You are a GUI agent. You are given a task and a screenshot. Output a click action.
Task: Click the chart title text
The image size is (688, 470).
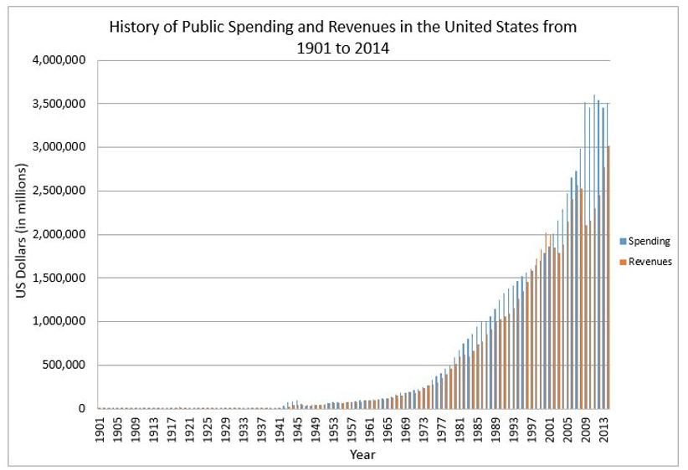[x=343, y=37]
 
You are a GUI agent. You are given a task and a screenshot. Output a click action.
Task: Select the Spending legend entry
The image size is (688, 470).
[x=649, y=241]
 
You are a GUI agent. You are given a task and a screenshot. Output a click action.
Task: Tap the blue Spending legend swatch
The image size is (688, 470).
[x=623, y=241]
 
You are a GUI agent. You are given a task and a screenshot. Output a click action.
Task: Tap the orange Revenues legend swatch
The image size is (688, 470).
[x=623, y=261]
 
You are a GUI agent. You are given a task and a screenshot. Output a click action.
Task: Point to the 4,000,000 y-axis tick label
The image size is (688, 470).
[x=64, y=60]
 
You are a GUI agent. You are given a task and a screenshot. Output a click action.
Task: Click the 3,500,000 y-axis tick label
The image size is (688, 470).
[x=64, y=104]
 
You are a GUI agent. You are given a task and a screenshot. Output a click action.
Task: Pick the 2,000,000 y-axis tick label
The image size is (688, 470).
[x=64, y=234]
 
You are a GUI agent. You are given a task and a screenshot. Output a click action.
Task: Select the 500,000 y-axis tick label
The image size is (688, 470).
[x=68, y=365]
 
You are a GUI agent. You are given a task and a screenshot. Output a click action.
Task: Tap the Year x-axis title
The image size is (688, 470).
[x=362, y=455]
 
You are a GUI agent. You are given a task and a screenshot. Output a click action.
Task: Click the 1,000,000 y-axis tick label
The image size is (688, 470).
[x=64, y=321]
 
